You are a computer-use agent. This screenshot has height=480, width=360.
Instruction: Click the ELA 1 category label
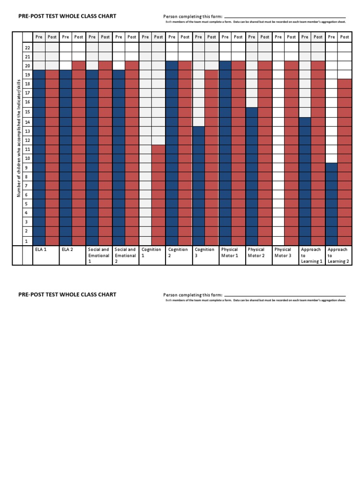point(41,250)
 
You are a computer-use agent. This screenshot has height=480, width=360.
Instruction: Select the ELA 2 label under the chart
point(67,250)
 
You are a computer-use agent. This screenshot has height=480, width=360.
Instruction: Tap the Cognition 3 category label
point(204,253)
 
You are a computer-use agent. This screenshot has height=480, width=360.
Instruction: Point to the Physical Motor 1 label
point(230,253)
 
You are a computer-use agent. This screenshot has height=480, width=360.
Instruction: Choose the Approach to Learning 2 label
point(338,255)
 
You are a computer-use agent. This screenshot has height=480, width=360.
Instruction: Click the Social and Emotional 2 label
point(125,255)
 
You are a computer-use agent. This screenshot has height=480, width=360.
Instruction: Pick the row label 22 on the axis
point(27,47)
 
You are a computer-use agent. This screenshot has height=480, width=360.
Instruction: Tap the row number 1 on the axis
point(27,241)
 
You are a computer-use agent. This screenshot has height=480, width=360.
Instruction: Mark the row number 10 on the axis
point(27,158)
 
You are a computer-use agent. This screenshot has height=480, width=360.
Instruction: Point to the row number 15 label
point(27,112)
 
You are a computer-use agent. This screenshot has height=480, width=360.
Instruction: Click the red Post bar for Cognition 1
point(158,195)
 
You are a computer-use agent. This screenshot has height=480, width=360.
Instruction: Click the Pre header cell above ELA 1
point(39,37)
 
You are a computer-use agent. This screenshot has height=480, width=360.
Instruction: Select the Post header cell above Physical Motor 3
point(292,37)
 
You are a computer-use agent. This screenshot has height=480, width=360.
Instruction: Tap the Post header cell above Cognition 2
point(185,37)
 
